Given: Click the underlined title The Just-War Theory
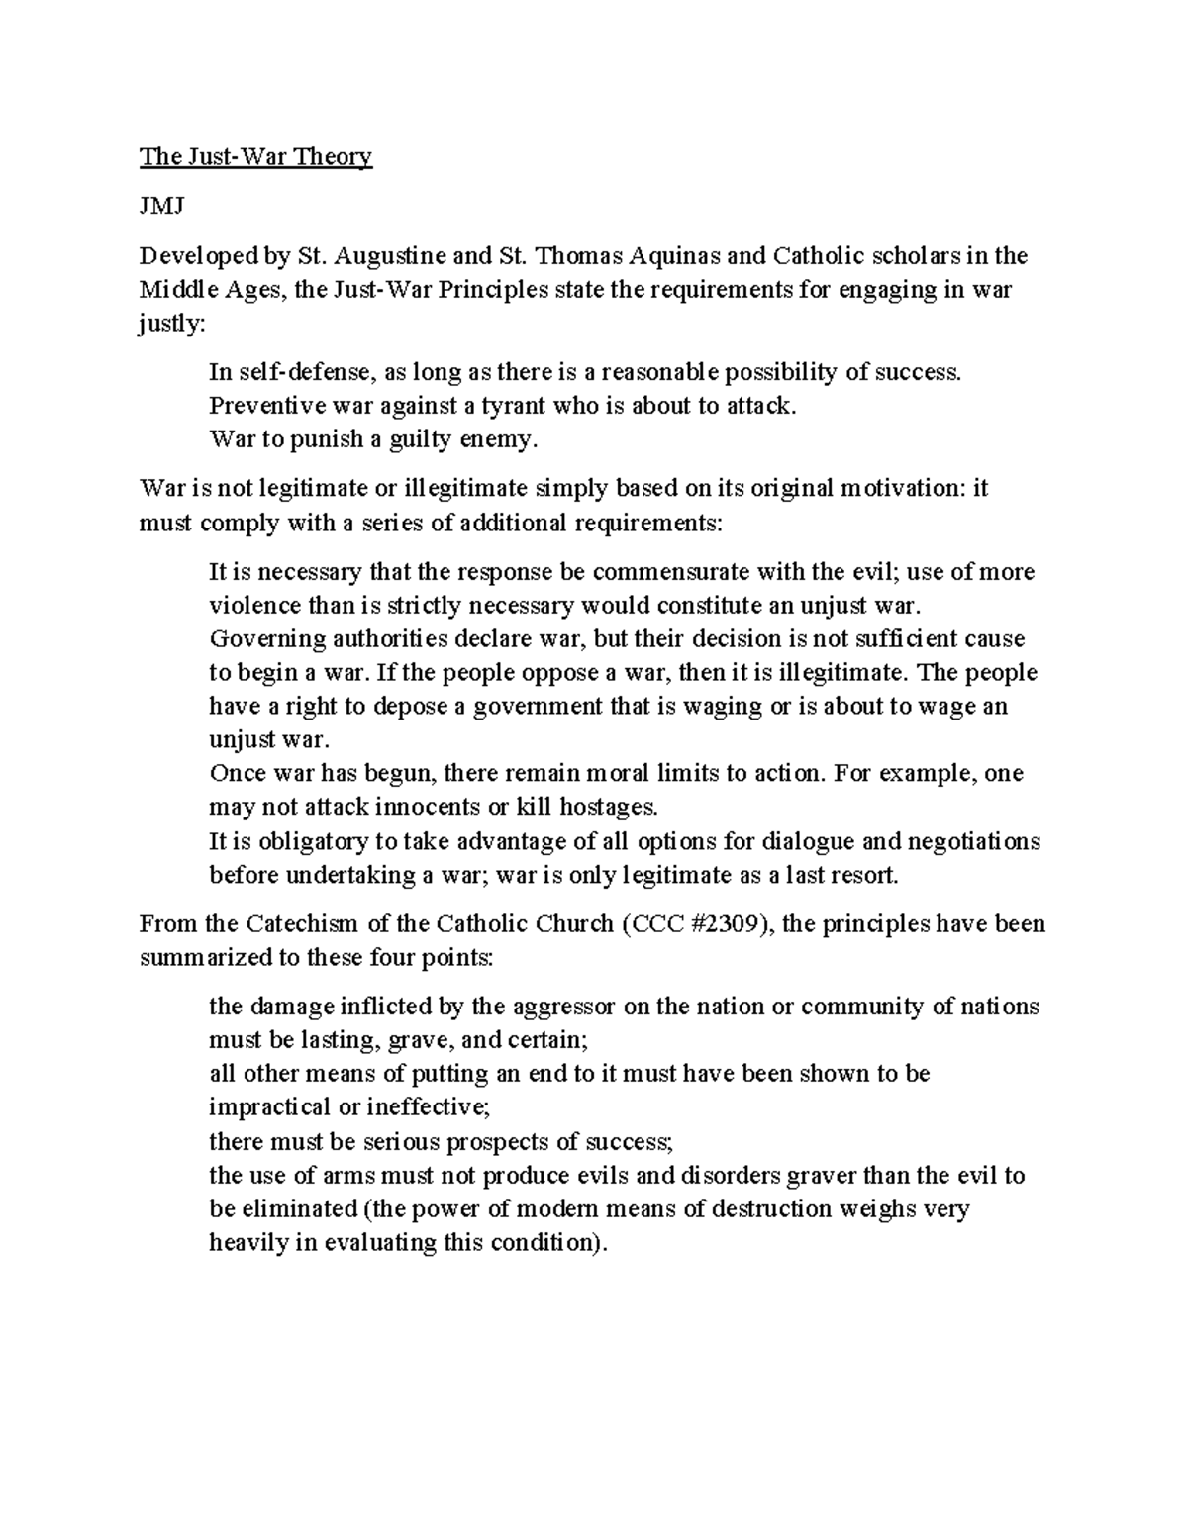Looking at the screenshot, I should pos(255,157).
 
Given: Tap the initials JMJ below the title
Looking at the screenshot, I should pos(155,207).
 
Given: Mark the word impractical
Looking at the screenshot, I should pos(270,1107).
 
